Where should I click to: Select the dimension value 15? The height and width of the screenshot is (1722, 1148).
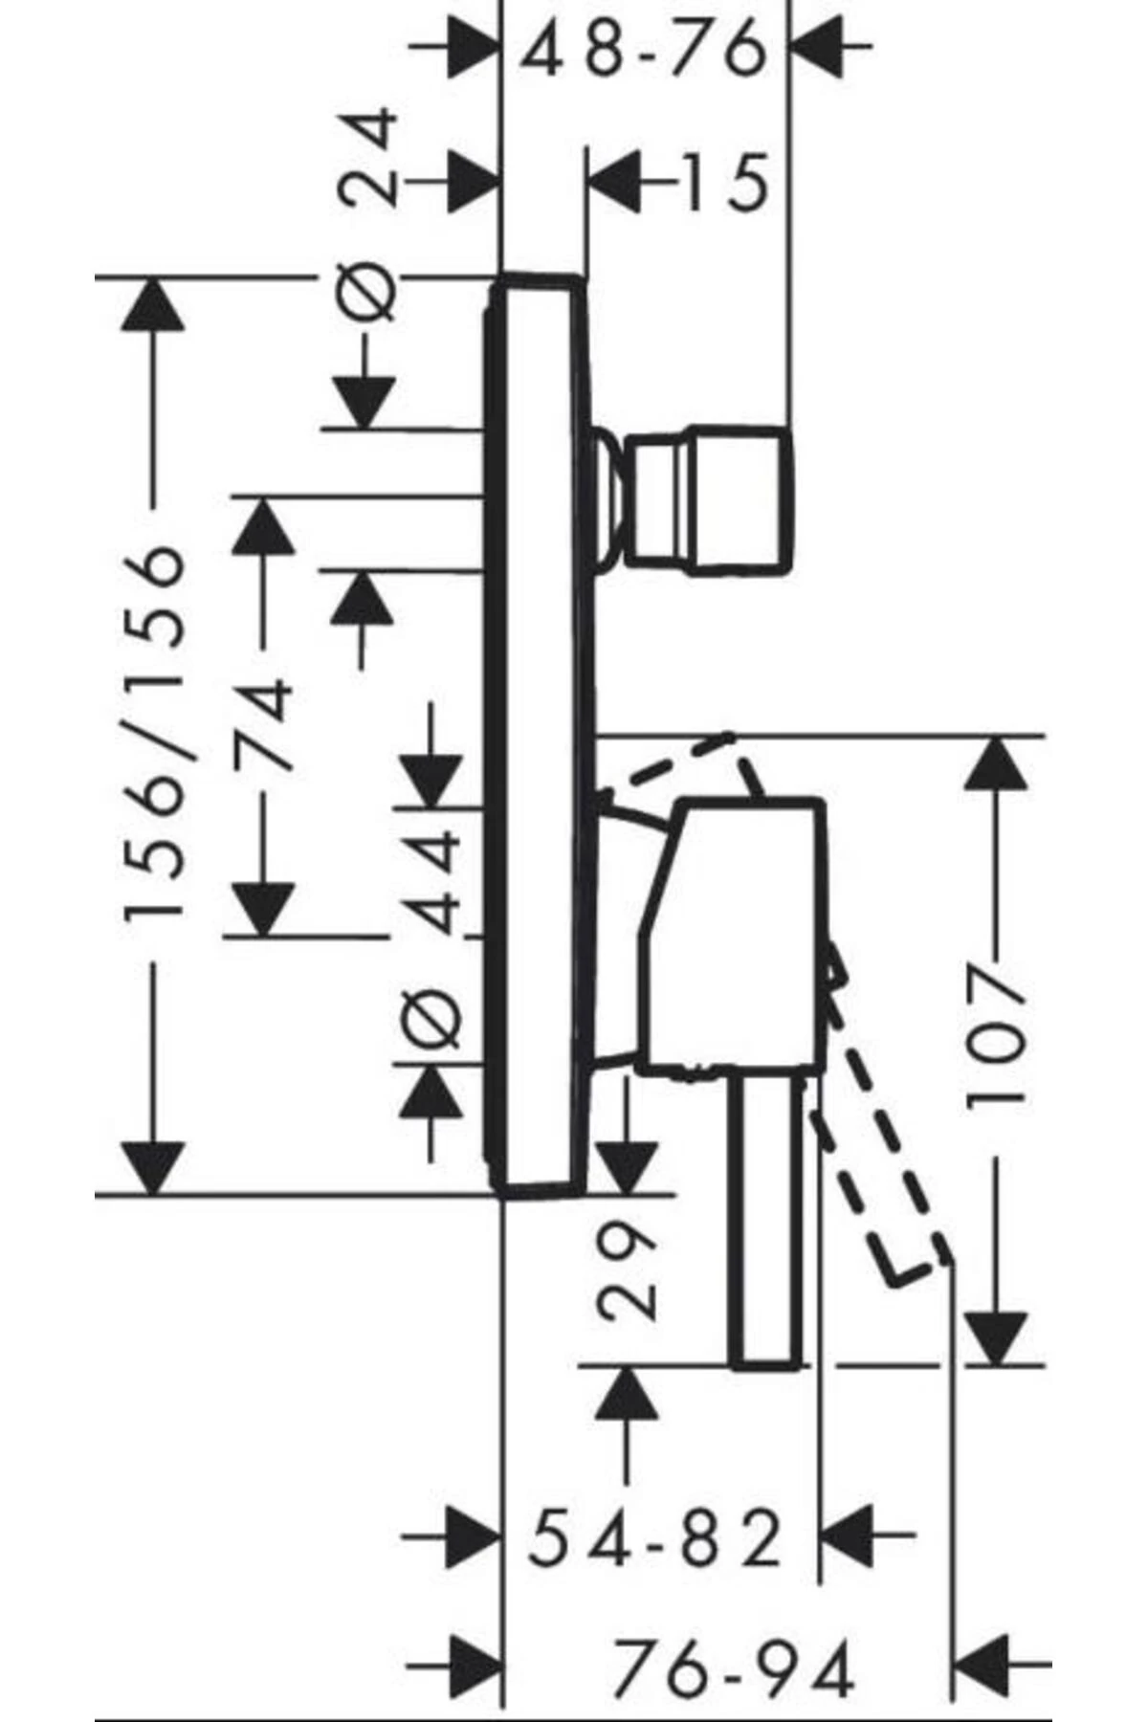click(x=725, y=181)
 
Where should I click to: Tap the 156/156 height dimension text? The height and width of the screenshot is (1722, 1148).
click(x=153, y=732)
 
